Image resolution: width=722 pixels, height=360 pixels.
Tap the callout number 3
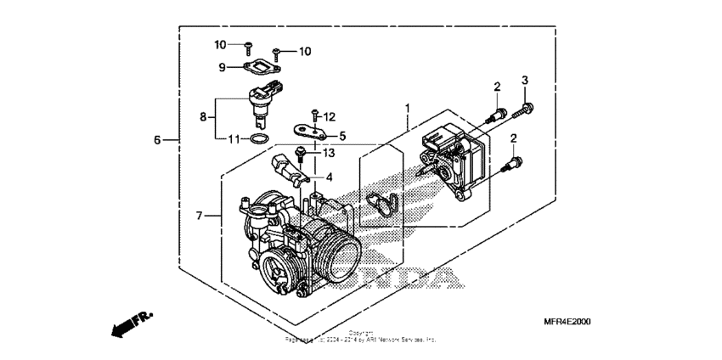click(x=525, y=80)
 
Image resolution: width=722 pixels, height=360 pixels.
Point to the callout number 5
click(x=342, y=135)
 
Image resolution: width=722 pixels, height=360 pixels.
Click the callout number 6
click(x=157, y=139)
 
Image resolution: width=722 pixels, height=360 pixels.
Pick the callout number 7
click(x=199, y=216)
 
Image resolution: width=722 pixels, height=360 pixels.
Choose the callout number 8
click(x=203, y=117)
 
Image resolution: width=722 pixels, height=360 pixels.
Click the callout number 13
click(x=330, y=152)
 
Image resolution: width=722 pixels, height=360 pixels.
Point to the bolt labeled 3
click(x=527, y=107)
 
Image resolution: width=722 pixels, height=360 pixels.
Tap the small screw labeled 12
click(x=315, y=115)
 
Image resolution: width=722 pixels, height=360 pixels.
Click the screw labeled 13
click(x=300, y=154)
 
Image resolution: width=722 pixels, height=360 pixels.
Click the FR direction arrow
click(x=129, y=323)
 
